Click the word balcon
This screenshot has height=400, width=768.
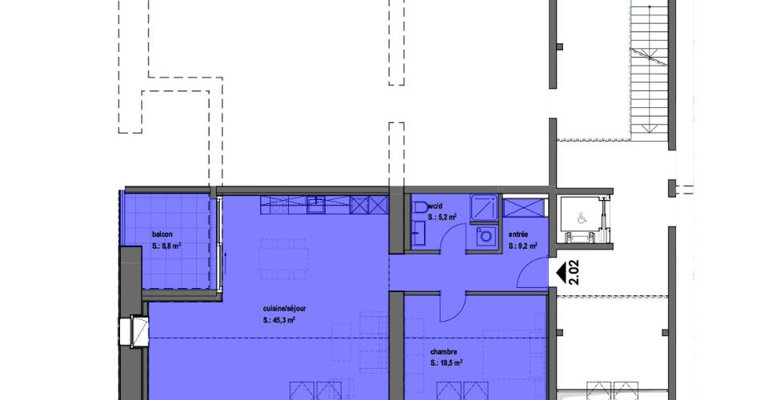click(x=162, y=234)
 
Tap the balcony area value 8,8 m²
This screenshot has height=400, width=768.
click(x=171, y=246)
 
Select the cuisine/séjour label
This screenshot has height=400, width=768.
click(x=284, y=309)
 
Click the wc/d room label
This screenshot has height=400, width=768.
click(x=435, y=206)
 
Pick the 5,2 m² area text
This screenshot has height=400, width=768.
click(x=446, y=217)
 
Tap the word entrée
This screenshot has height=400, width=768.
click(x=518, y=234)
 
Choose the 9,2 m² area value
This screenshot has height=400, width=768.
click(x=527, y=246)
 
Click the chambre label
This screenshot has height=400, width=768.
click(x=443, y=351)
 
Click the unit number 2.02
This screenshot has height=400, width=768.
click(x=574, y=272)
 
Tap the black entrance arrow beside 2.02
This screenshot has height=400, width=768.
click(x=560, y=272)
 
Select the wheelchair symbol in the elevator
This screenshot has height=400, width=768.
click(x=582, y=218)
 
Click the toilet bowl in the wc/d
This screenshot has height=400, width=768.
click(x=420, y=207)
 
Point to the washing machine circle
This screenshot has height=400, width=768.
click(x=486, y=237)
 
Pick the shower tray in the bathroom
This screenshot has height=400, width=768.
click(x=484, y=208)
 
